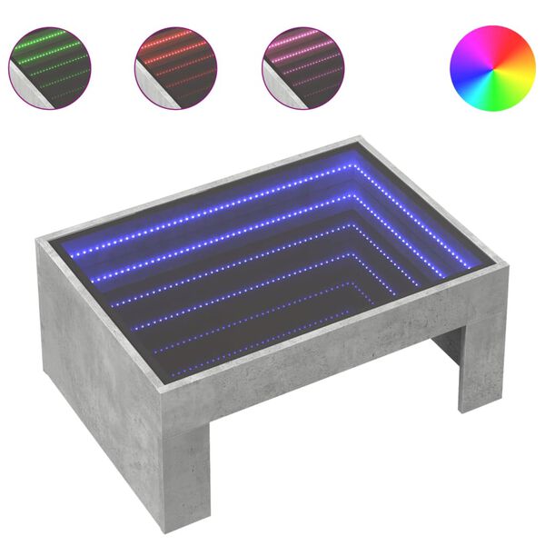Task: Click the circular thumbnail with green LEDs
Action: point(50,66)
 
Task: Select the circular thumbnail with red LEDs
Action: point(176,66)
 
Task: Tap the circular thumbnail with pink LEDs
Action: point(302,66)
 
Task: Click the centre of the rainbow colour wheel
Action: point(492,66)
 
